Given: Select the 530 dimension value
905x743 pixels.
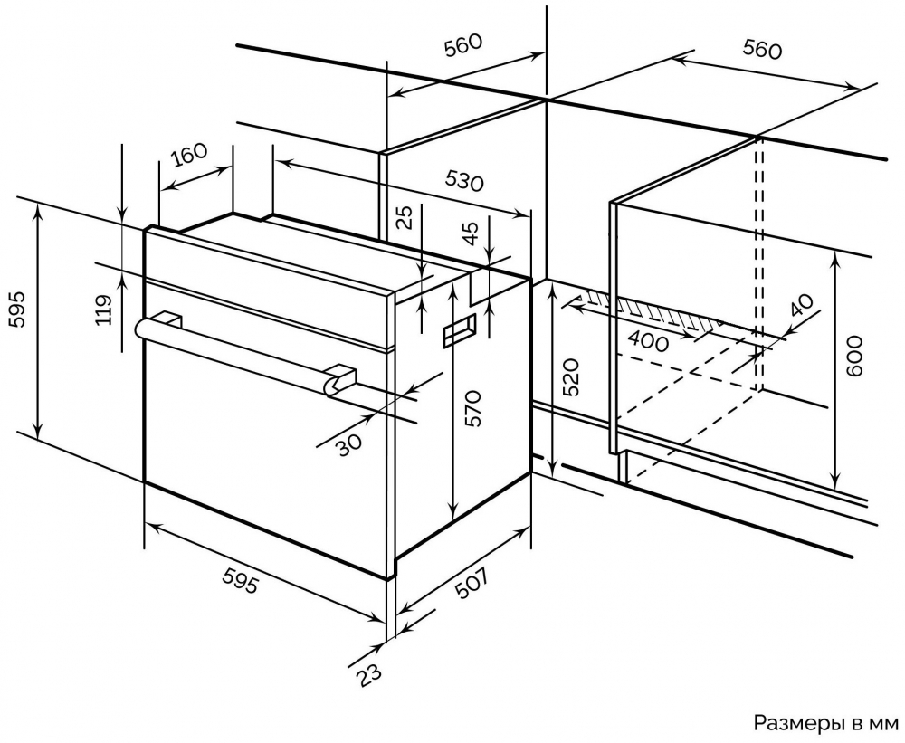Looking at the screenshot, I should [464, 180].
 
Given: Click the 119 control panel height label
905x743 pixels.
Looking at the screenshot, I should [104, 310].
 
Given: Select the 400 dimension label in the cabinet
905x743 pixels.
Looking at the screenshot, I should [647, 342].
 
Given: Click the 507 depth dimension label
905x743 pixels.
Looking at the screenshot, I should [472, 588].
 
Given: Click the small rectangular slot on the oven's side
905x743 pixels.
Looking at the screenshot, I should [461, 330].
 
